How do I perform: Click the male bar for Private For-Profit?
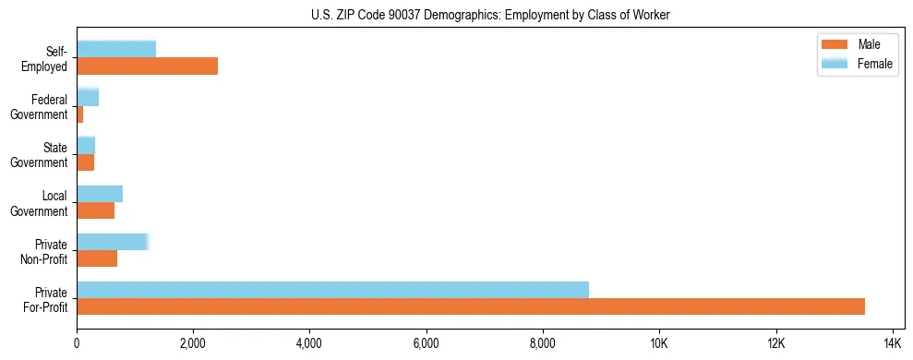click(x=471, y=306)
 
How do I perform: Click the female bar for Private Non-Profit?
click(x=113, y=242)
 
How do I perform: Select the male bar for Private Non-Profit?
click(x=97, y=258)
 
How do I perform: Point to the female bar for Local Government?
click(x=100, y=194)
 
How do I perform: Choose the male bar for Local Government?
click(x=95, y=210)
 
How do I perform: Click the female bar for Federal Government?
click(x=88, y=97)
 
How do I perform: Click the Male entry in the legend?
click(x=868, y=44)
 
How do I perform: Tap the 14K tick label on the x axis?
click(x=891, y=344)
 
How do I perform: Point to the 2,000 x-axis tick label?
click(x=193, y=344)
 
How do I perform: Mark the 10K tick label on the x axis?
click(x=658, y=344)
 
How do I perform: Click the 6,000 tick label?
click(x=426, y=344)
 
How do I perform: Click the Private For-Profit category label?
click(x=45, y=299)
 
